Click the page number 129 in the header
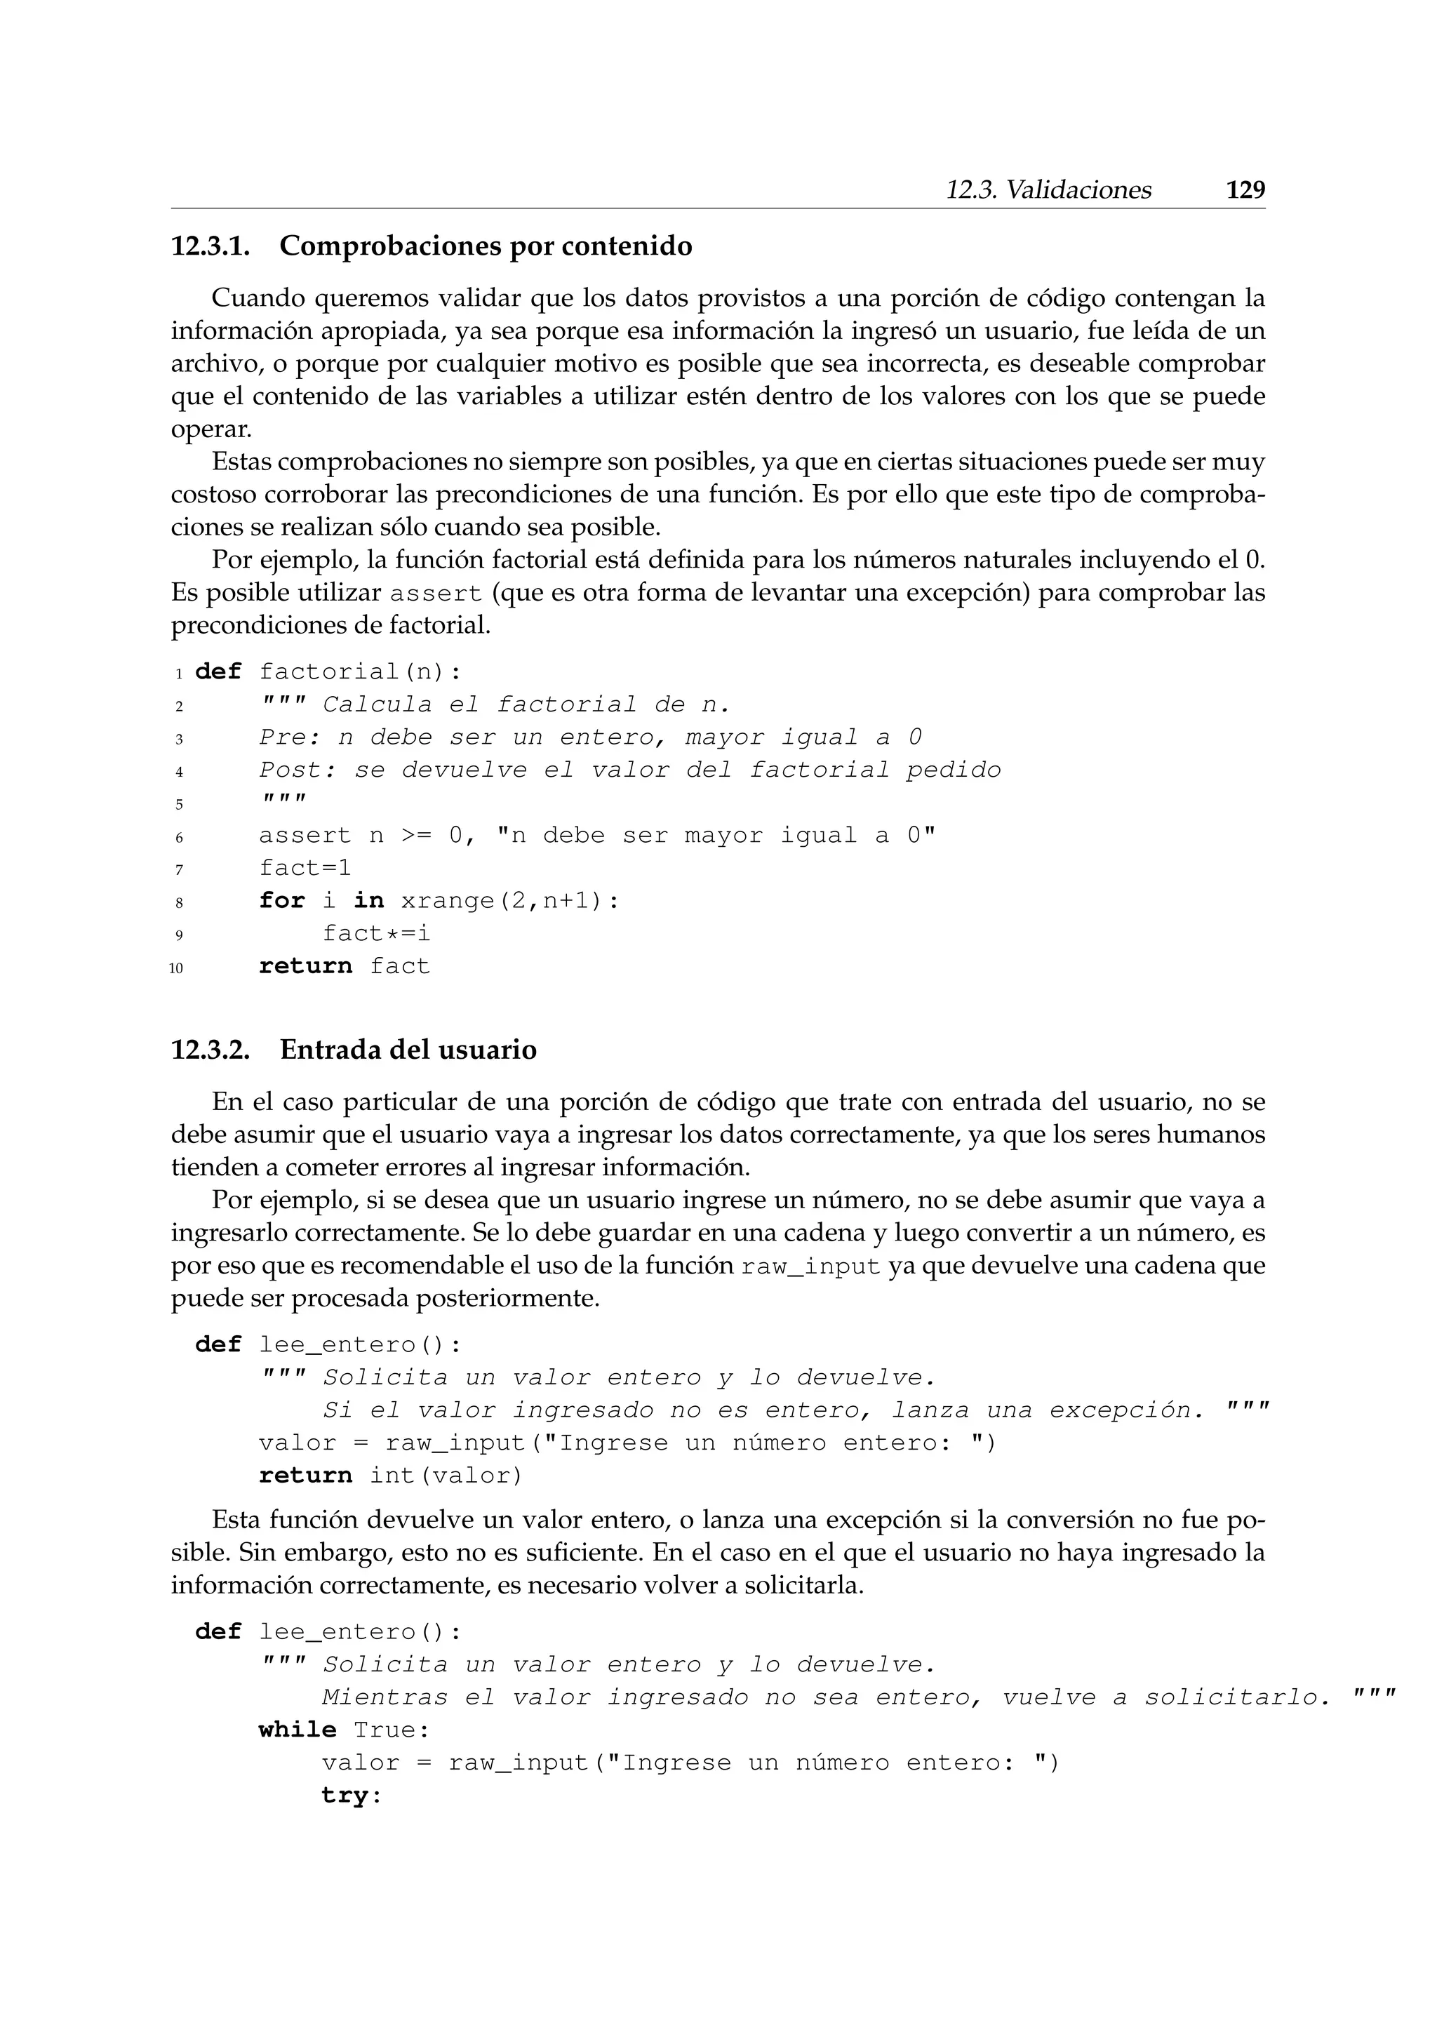coord(1245,190)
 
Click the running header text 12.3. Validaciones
coord(1048,190)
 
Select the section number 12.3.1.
coord(210,246)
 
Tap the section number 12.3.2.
coord(210,1050)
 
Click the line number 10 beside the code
coord(176,968)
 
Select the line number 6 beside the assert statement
coord(179,837)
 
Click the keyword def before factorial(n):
coord(218,671)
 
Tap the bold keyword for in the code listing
coord(281,901)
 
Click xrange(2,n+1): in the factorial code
coord(509,901)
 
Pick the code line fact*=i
coord(376,934)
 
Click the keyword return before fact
coord(305,966)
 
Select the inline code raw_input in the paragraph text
coord(810,1267)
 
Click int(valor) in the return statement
coord(446,1476)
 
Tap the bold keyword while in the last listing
coord(298,1730)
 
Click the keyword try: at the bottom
coord(350,1796)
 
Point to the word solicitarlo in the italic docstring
coord(1237,1697)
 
